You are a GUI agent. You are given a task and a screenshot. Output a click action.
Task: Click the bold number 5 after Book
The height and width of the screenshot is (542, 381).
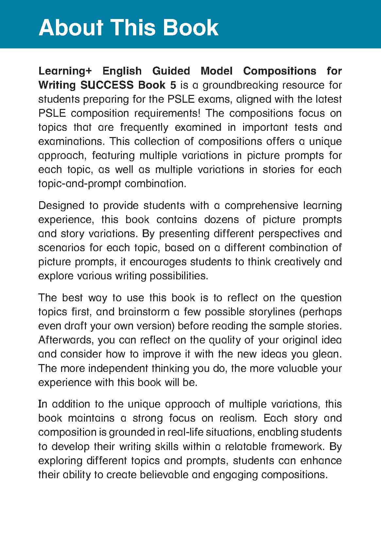[173, 85]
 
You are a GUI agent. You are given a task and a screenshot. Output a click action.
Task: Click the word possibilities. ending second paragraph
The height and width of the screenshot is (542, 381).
[179, 276]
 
